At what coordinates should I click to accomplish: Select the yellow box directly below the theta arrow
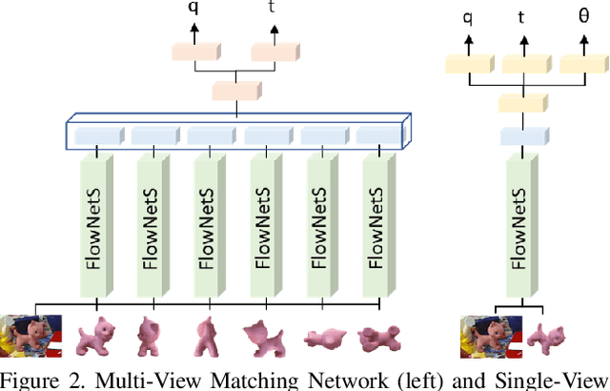581,65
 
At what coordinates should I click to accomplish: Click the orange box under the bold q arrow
194,51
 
